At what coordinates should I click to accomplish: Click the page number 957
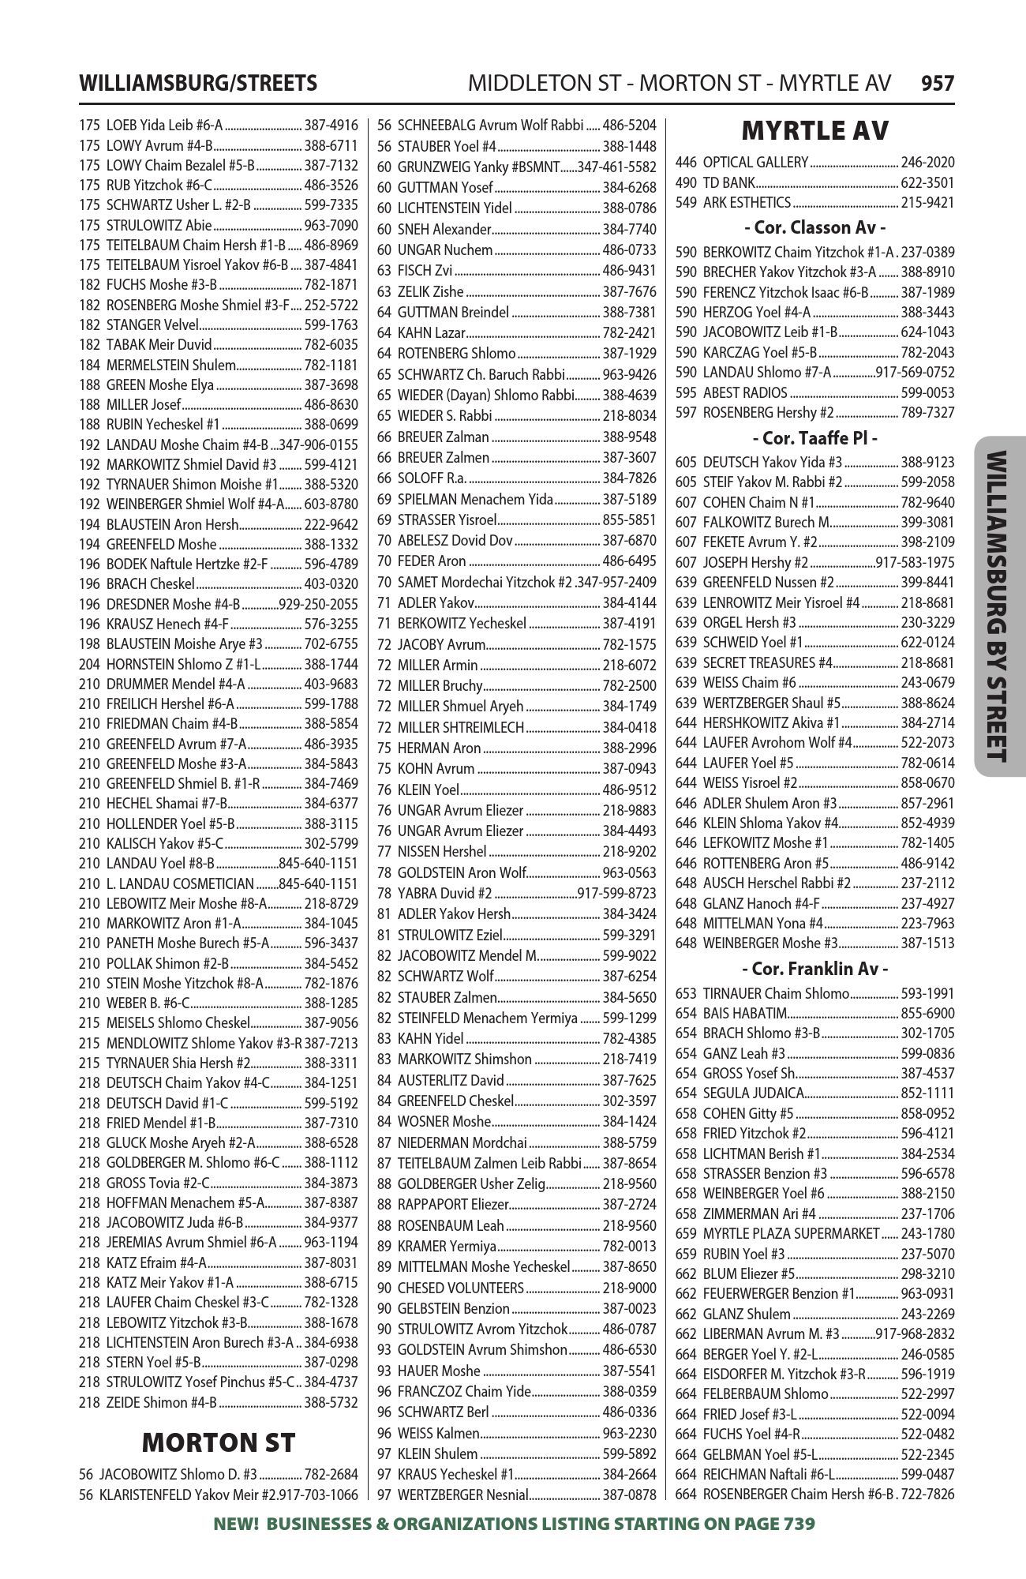pos(938,83)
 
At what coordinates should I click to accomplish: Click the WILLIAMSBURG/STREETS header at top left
pos(198,83)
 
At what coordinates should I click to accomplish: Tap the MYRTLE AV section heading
pos(815,130)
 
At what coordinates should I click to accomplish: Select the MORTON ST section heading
pos(218,1442)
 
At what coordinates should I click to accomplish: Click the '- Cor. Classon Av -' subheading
pos(814,227)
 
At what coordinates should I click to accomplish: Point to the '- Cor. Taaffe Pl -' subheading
pos(814,437)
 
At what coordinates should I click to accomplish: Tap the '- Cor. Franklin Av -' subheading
pos(814,968)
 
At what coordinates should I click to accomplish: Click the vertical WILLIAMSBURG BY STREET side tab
pos(998,606)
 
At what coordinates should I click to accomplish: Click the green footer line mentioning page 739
pos(514,1524)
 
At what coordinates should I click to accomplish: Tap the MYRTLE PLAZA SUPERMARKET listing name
pos(791,1233)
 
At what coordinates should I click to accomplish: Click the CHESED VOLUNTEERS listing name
pos(461,1288)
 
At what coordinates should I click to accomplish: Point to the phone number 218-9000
pos(629,1288)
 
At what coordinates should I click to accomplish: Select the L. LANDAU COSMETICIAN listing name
pos(180,883)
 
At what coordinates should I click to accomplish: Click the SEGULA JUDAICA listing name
pos(753,1093)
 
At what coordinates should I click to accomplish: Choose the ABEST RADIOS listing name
pos(745,392)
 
